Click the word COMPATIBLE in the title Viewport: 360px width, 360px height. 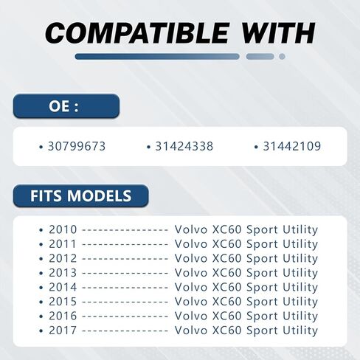pyautogui.click(x=136, y=33)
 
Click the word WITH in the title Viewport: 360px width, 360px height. pyautogui.click(x=278, y=33)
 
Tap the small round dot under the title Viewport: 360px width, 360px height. pyautogui.click(x=282, y=57)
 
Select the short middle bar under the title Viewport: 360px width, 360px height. pyautogui.click(x=260, y=57)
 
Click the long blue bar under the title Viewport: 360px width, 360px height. pyautogui.click(x=157, y=57)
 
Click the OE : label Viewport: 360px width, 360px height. pyautogui.click(x=63, y=106)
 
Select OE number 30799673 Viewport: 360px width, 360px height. pyautogui.click(x=77, y=146)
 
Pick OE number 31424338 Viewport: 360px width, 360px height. pyautogui.click(x=184, y=146)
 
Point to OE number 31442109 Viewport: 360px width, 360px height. pyautogui.click(x=292, y=146)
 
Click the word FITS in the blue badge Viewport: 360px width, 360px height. pyautogui.click(x=46, y=195)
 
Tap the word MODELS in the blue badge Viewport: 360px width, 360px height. pyautogui.click(x=99, y=195)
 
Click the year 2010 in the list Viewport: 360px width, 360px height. pyautogui.click(x=63, y=229)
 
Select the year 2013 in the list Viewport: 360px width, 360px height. pyautogui.click(x=63, y=273)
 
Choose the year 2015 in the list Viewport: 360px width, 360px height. pyautogui.click(x=63, y=302)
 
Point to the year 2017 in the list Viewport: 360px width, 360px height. pyautogui.click(x=63, y=330)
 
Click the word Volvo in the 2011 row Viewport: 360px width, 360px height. pyautogui.click(x=191, y=244)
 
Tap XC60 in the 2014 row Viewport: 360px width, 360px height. pyautogui.click(x=226, y=287)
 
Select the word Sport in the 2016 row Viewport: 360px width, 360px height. pyautogui.click(x=262, y=316)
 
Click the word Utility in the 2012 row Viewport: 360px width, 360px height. pyautogui.click(x=300, y=259)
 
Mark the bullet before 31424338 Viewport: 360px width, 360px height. pyautogui.click(x=148, y=148)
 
